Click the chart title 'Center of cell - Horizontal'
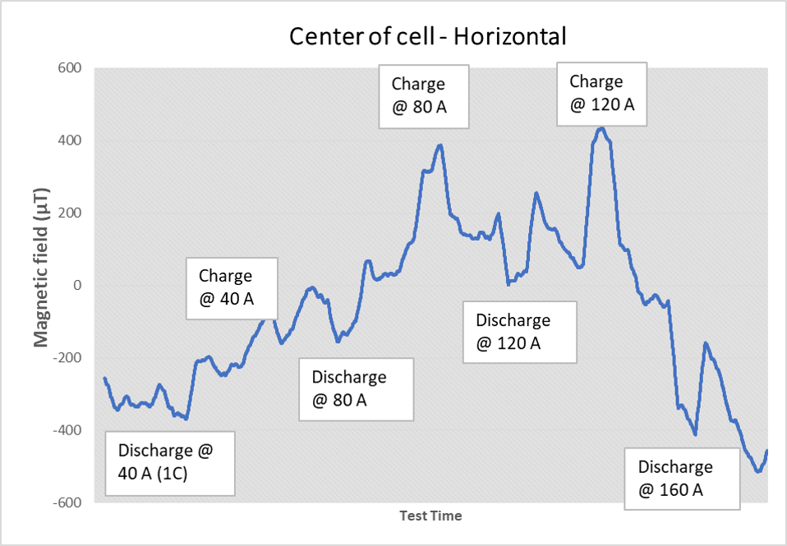(426, 36)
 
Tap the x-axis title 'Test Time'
(430, 516)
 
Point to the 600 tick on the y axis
(70, 68)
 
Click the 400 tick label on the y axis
(70, 140)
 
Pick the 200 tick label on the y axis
(70, 213)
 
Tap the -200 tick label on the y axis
(67, 358)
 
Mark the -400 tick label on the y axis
(67, 430)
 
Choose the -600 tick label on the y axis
(67, 502)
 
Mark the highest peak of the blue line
(601, 128)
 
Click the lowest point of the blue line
(757, 471)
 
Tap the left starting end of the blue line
(104, 379)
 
